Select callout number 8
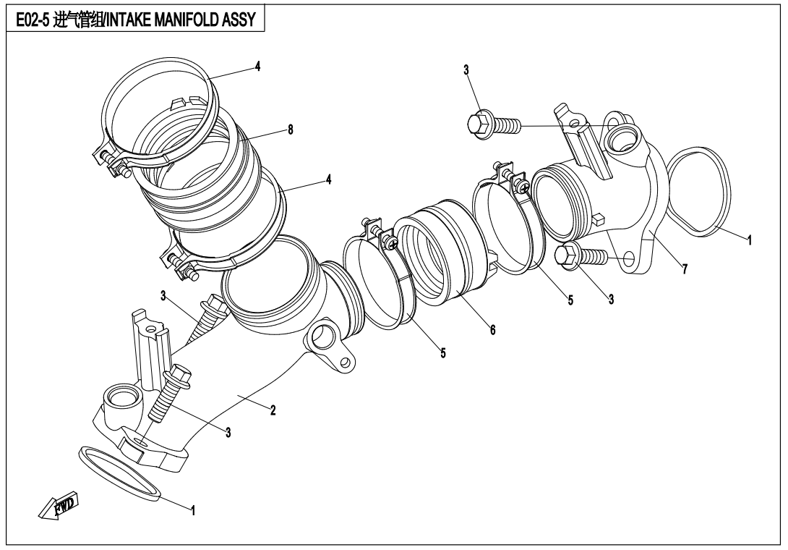pos(290,130)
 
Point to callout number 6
pos(492,329)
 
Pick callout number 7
pos(685,270)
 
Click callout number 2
pos(273,410)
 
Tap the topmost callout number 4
pos(257,66)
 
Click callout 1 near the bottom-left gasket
pos(192,509)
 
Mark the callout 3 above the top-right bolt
pos(466,70)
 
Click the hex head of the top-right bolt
pos(478,124)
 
